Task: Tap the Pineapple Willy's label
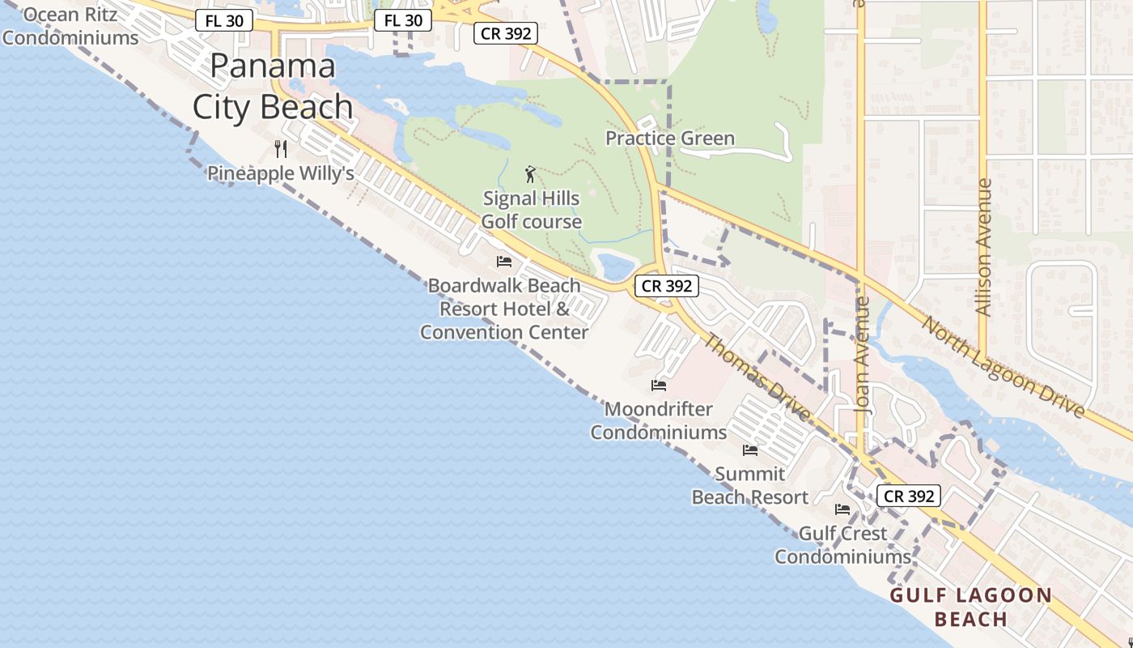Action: point(281,173)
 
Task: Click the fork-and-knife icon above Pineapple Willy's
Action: point(281,148)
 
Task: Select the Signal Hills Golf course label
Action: point(532,210)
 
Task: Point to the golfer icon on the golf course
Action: point(530,174)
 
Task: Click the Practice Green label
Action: point(670,139)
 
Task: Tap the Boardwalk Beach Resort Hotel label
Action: point(504,309)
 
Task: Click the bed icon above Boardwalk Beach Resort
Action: point(504,262)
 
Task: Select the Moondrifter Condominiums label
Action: point(658,420)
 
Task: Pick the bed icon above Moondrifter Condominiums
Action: point(659,386)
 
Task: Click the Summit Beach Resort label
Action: point(750,485)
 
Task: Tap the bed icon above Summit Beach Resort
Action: point(750,450)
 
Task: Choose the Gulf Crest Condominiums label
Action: point(842,545)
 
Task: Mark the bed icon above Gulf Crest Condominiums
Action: point(842,509)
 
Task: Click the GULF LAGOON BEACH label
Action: point(971,607)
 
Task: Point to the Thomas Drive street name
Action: point(756,377)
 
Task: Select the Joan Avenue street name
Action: point(863,354)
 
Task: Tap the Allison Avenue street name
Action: point(984,247)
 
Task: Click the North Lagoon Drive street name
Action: point(1004,367)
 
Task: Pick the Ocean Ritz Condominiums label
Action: point(70,26)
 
